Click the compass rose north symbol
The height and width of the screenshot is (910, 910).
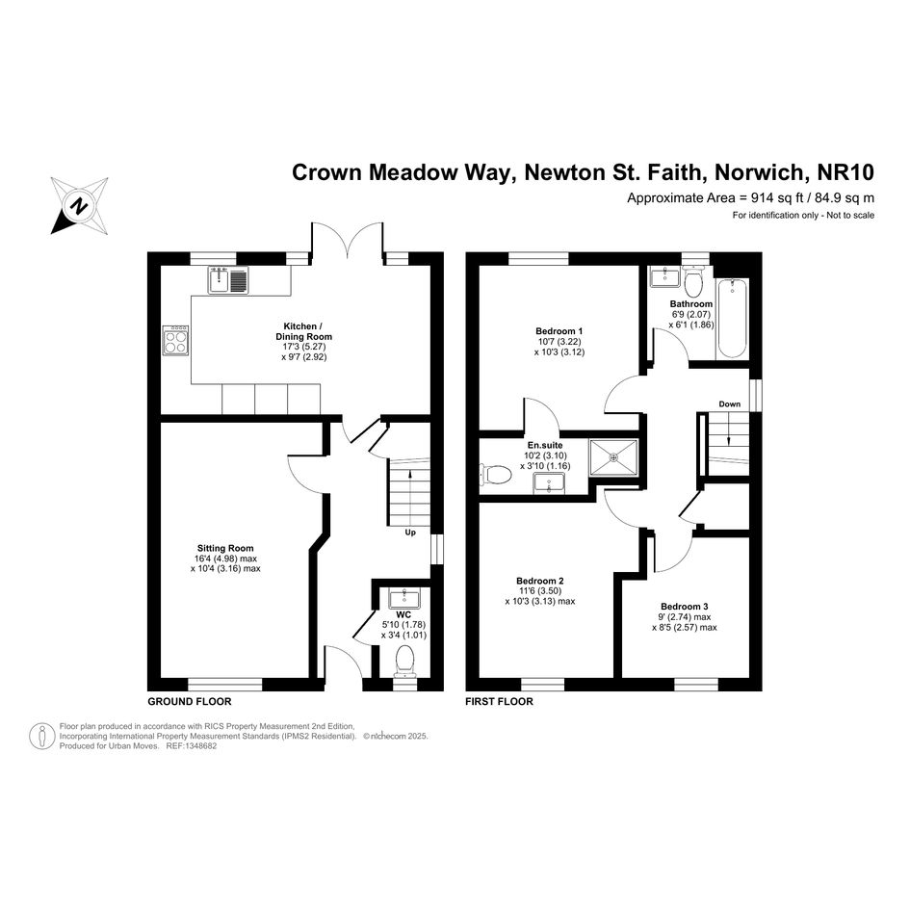(80, 205)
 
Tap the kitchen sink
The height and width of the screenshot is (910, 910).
(228, 279)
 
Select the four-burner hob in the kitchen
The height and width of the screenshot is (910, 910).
(176, 340)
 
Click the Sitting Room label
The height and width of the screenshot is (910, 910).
(225, 548)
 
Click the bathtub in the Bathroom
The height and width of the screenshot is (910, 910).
(732, 319)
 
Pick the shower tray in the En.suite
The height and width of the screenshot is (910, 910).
(614, 457)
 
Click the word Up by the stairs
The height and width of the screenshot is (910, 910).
(410, 533)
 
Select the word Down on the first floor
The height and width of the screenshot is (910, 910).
(730, 403)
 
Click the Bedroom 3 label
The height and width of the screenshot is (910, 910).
(685, 607)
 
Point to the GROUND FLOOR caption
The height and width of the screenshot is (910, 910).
(189, 702)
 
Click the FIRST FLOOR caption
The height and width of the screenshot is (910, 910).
(499, 702)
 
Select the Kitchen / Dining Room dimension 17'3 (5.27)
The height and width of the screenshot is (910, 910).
(304, 347)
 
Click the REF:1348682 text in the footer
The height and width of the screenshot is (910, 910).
(192, 746)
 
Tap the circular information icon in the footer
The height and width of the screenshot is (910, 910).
(42, 736)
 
